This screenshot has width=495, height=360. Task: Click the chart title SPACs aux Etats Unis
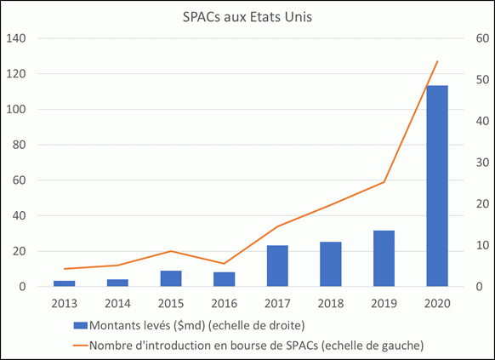247,17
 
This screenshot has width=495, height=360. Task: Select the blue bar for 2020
437,186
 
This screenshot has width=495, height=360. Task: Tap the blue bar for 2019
384,259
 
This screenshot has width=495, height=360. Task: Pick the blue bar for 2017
277,266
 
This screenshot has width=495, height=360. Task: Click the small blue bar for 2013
65,283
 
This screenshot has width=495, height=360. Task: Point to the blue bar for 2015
171,278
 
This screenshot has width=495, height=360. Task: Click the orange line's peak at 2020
437,61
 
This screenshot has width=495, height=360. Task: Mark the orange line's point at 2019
384,182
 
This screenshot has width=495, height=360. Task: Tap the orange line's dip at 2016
225,264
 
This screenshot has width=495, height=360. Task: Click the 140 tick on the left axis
16,38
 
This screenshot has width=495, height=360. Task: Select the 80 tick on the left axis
20,145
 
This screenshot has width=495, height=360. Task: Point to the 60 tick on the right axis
482,38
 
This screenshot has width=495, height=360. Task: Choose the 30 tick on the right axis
482,163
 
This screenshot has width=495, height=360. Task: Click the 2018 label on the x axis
331,304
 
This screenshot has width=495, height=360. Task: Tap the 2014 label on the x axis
117,304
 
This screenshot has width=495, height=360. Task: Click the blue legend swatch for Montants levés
80,326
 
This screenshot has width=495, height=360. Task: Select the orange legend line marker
80,346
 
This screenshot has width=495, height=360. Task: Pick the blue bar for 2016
225,279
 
